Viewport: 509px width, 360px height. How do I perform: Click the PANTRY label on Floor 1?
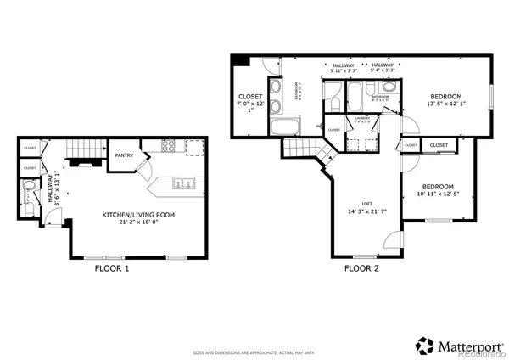tap(124, 155)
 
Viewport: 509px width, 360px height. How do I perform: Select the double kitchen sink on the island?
tap(182, 183)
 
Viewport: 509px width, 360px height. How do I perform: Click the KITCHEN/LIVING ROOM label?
tap(138, 215)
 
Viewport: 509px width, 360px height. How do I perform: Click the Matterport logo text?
tap(465, 345)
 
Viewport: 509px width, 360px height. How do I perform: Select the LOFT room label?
tap(366, 203)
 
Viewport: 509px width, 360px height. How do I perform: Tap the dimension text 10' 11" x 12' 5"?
tap(438, 195)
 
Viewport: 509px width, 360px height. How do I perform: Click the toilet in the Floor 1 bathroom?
tap(30, 186)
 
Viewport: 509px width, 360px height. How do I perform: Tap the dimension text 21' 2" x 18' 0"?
tap(138, 222)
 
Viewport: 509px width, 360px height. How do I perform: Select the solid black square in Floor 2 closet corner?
tap(239, 60)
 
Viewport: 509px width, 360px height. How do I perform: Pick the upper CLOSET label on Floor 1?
tap(30, 148)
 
